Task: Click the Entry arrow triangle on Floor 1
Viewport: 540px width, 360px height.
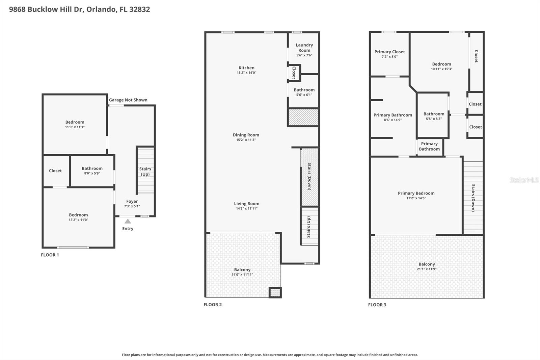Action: tap(128, 222)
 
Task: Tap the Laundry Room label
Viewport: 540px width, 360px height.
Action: tap(304, 48)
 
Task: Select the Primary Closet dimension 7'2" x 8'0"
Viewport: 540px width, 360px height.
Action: tap(389, 57)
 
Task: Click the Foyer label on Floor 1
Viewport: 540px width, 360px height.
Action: tap(132, 201)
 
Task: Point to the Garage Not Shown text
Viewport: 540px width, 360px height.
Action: tap(128, 100)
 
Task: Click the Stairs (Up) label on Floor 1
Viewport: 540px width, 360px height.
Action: tap(145, 172)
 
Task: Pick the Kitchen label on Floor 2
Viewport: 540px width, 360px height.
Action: tap(246, 68)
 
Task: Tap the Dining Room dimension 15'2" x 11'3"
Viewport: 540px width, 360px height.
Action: tap(246, 140)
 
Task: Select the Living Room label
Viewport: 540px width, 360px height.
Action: tap(246, 204)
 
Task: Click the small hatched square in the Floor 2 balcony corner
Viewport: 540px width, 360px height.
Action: tap(275, 292)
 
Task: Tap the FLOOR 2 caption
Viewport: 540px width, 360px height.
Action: tap(213, 305)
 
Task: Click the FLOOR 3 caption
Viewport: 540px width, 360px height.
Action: tap(377, 305)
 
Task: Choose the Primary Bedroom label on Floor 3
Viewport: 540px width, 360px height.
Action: tap(416, 193)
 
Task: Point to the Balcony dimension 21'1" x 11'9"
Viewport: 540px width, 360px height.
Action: tap(427, 269)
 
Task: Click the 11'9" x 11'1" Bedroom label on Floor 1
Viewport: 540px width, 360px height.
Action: tap(75, 122)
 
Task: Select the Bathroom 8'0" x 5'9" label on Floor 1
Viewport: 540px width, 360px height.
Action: tap(92, 169)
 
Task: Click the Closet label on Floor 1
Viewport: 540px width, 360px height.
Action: tap(55, 171)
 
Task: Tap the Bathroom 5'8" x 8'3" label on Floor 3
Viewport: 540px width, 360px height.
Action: tap(434, 114)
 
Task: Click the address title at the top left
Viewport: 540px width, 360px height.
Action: tap(79, 9)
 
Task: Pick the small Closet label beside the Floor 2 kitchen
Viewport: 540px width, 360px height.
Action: tap(294, 73)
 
